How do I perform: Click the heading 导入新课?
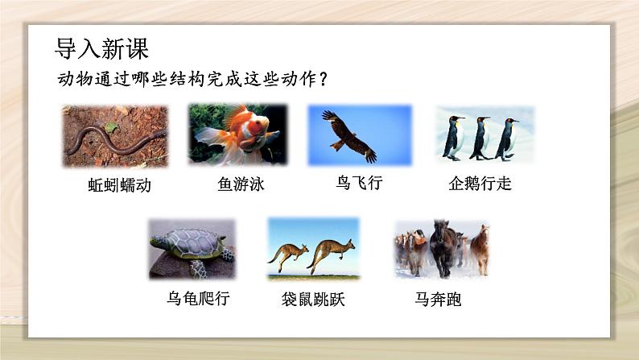(101, 48)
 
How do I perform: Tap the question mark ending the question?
(324, 79)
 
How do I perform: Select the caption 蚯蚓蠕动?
(119, 185)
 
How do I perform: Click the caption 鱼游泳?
(241, 184)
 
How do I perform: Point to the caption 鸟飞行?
(359, 182)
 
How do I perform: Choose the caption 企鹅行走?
(480, 183)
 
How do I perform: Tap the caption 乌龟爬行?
(198, 298)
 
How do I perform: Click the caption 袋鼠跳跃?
(313, 300)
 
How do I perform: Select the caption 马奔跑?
(438, 300)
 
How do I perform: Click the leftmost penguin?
(454, 138)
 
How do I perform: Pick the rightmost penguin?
(507, 139)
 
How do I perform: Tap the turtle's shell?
(193, 242)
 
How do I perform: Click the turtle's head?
(157, 243)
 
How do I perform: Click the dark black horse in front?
(443, 246)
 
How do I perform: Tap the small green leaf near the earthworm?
(111, 127)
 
